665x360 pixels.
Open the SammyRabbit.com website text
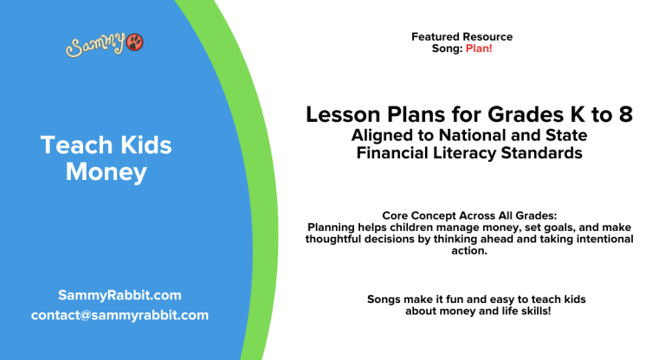pyautogui.click(x=119, y=295)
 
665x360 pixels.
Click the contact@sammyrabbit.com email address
pyautogui.click(x=119, y=315)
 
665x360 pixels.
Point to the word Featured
pyautogui.click(x=436, y=37)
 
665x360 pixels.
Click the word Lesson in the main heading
pyautogui.click(x=341, y=115)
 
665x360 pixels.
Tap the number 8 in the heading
pyautogui.click(x=624, y=115)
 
